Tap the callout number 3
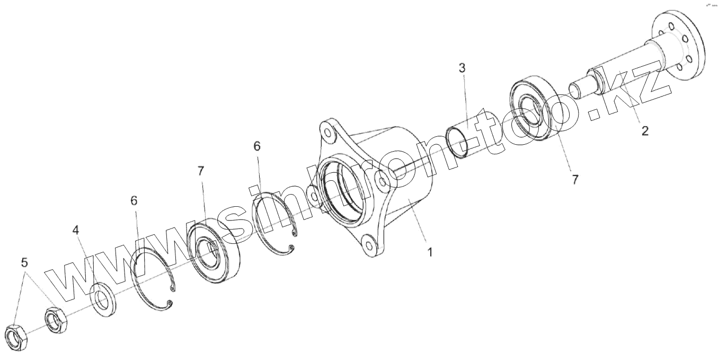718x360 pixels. point(462,68)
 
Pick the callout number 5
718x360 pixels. point(24,262)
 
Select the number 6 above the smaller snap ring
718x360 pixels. point(257,146)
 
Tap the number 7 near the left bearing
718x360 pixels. point(201,171)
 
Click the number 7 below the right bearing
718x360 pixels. point(574,180)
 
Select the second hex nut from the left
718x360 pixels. point(55,320)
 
